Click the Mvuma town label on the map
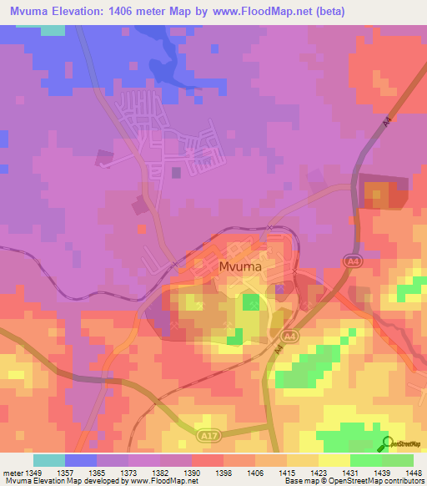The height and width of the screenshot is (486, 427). click(240, 267)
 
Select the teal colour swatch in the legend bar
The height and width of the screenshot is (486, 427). click(49, 460)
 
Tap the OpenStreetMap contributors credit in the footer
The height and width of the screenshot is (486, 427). click(376, 481)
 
